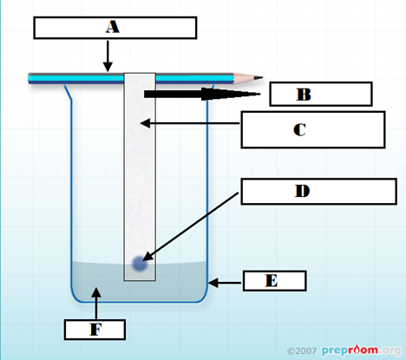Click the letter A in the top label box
coord(113,28)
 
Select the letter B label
coord(304,95)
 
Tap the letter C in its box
coord(299,129)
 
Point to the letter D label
coord(302,191)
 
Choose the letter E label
coord(272,280)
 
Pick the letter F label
coord(95,330)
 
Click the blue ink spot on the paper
coord(140,264)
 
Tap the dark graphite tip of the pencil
coord(259,77)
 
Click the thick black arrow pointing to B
coord(202,94)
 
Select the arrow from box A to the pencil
coord(108,56)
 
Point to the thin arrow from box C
coord(190,123)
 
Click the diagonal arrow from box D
coord(190,226)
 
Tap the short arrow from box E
coord(225,283)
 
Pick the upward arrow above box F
coord(96,304)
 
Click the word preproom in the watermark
coord(350,350)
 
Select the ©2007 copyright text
coord(302,351)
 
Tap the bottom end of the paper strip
coord(140,280)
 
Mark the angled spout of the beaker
coord(69,93)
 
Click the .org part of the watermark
coord(390,350)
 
